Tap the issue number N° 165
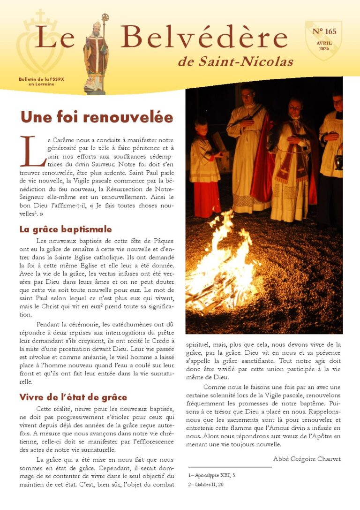pyautogui.click(x=324, y=32)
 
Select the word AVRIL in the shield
pyautogui.click(x=324, y=42)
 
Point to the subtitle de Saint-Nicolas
pyautogui.click(x=235, y=61)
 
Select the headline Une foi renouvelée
pyautogui.click(x=97, y=116)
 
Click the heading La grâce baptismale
pyautogui.click(x=66, y=229)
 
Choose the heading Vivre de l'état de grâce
pyautogui.click(x=73, y=397)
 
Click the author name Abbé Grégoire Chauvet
pyautogui.click(x=307, y=458)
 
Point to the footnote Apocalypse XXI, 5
pyautogui.click(x=212, y=475)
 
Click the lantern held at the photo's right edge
pyautogui.click(x=338, y=162)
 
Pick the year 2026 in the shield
pyautogui.click(x=324, y=48)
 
